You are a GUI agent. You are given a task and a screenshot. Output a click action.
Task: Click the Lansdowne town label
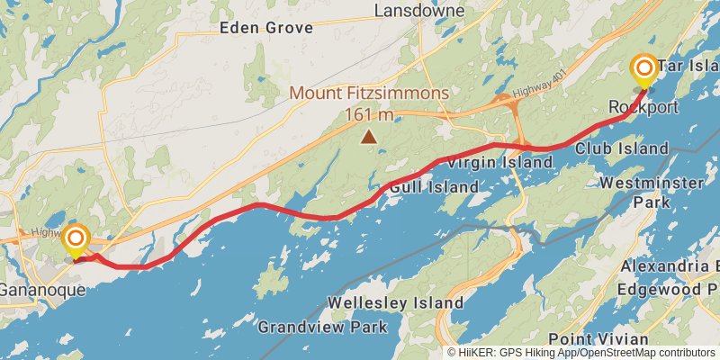[x=419, y=11]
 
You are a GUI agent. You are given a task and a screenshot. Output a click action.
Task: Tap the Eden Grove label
[x=266, y=28]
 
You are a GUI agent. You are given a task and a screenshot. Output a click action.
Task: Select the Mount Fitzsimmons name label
[x=368, y=94]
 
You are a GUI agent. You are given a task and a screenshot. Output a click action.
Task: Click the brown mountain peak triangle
[x=368, y=137]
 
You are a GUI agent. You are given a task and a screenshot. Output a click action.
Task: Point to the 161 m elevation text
[x=369, y=114]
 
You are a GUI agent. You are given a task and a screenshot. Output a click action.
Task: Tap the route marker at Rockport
[x=644, y=69]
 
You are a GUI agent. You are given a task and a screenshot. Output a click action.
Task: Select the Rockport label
[x=643, y=108]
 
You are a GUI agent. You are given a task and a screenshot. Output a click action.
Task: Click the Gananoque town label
[x=41, y=291]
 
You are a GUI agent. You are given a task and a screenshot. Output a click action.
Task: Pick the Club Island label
[x=622, y=148]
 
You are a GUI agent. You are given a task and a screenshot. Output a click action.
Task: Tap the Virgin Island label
[x=499, y=163]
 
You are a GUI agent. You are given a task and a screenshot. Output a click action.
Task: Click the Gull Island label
[x=434, y=187]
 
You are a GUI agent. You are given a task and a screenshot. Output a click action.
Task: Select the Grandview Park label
[x=322, y=327]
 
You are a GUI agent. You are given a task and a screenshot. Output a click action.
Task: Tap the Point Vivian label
[x=598, y=338]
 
